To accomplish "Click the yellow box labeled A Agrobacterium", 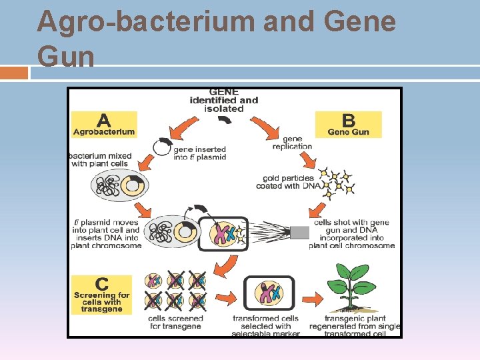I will coord(104,125).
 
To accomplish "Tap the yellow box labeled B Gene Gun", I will coord(348,125).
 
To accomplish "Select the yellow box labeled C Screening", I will coord(102,295).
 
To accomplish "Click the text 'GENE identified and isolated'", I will coord(224,101).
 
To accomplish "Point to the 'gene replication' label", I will coord(292,143).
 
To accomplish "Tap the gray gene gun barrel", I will coord(299,233).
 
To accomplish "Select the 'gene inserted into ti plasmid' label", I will coord(199,153).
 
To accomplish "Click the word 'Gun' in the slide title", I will coord(66,56).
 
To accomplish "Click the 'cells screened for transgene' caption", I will coord(175,323).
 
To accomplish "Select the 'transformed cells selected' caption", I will coord(265,326).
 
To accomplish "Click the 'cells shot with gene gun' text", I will coord(351,233).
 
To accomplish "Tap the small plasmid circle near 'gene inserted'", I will coord(162,147).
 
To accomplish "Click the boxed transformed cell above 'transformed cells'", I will coord(265,293).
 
